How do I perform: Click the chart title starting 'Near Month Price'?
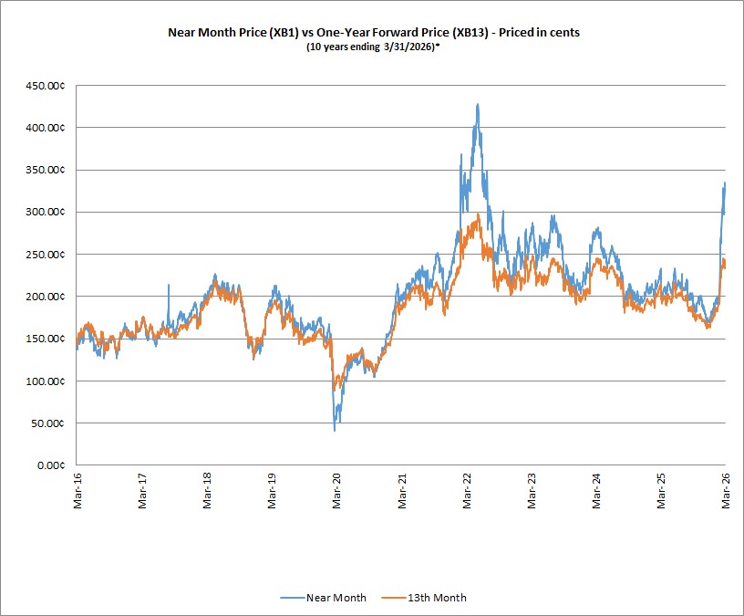pyautogui.click(x=374, y=32)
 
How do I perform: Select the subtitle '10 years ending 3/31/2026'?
pyautogui.click(x=370, y=47)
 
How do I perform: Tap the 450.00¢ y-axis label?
pyautogui.click(x=45, y=86)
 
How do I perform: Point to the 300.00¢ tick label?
pyautogui.click(x=45, y=212)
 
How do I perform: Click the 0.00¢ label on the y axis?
pyautogui.click(x=51, y=465)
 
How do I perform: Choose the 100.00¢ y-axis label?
pyautogui.click(x=45, y=381)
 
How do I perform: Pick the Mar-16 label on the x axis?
pyautogui.click(x=77, y=491)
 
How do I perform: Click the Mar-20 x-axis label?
pyautogui.click(x=336, y=491)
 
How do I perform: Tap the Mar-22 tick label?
pyautogui.click(x=467, y=491)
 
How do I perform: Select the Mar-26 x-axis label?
pyautogui.click(x=726, y=491)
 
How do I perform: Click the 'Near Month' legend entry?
pyautogui.click(x=323, y=598)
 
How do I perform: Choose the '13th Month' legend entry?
pyautogui.click(x=424, y=598)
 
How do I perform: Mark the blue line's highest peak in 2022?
pyautogui.click(x=478, y=104)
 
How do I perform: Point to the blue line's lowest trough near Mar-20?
pyautogui.click(x=335, y=431)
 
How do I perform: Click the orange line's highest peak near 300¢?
pyautogui.click(x=479, y=214)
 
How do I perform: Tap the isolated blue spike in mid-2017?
pyautogui.click(x=169, y=285)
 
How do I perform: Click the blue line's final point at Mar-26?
pyautogui.click(x=725, y=183)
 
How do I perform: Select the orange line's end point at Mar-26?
pyautogui.click(x=725, y=266)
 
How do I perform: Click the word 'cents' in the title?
pyautogui.click(x=564, y=32)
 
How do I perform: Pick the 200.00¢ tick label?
pyautogui.click(x=45, y=297)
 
